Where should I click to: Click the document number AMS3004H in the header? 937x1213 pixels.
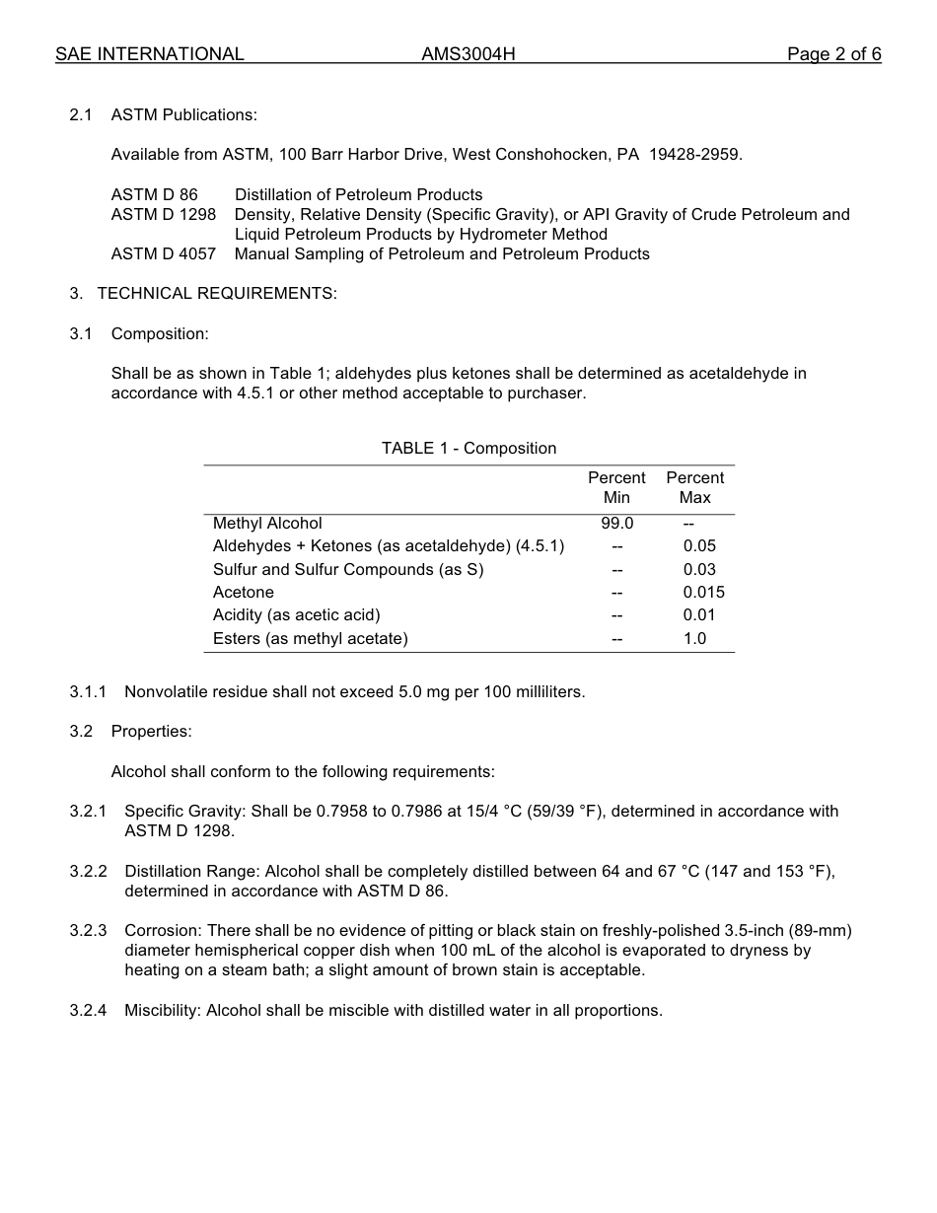point(468,54)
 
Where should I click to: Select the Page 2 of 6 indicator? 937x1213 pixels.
point(833,54)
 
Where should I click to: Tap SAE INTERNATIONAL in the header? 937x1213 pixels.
point(150,54)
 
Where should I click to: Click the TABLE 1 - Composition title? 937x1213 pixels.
point(468,449)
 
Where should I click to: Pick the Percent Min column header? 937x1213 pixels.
point(616,487)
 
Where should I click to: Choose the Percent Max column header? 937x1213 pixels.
point(695,487)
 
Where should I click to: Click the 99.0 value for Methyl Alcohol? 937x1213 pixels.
point(617,524)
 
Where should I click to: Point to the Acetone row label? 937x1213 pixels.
point(244,593)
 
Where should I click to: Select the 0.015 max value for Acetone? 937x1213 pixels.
point(703,593)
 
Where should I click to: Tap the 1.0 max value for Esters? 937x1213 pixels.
point(694,639)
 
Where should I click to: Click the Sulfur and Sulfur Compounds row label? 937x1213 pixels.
point(348,570)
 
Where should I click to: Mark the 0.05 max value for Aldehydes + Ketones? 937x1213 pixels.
point(699,546)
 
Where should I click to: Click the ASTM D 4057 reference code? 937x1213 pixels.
point(163,254)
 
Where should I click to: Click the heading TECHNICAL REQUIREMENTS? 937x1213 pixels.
point(217,294)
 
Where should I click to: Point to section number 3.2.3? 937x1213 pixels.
point(88,931)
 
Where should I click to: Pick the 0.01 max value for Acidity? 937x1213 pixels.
point(699,615)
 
